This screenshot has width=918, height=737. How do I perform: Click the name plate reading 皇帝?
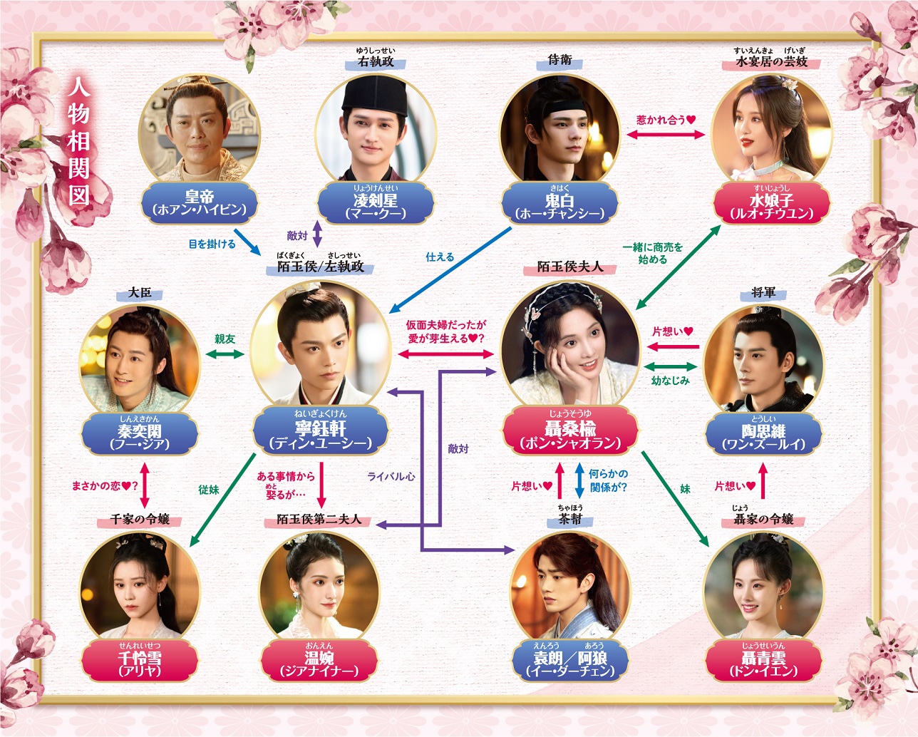click(x=199, y=202)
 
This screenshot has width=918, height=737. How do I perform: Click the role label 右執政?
click(x=376, y=61)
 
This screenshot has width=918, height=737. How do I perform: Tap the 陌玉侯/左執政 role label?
click(x=320, y=267)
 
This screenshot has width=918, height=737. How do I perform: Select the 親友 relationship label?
click(x=225, y=339)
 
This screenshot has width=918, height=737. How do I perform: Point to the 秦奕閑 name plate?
click(x=140, y=433)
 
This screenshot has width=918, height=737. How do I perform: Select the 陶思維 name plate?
click(x=763, y=433)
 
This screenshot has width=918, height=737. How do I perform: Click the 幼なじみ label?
click(x=670, y=381)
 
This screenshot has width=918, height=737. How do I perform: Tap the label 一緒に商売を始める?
click(x=652, y=253)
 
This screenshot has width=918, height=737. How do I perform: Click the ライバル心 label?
click(x=391, y=476)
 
